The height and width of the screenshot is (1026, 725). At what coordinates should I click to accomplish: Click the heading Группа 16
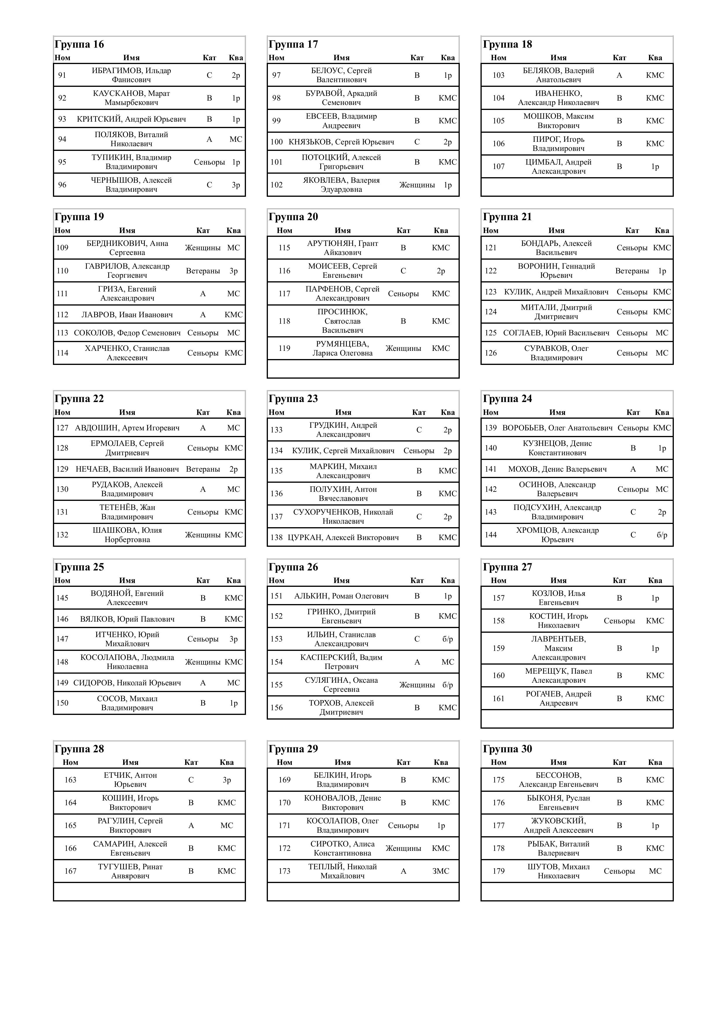click(x=79, y=44)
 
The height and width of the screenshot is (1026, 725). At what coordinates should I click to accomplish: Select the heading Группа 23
click(x=293, y=399)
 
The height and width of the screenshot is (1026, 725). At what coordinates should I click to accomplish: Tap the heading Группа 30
click(x=507, y=749)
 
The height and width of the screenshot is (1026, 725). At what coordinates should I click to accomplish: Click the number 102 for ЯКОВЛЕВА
click(x=277, y=185)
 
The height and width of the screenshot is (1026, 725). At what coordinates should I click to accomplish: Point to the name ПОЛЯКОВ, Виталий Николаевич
click(x=131, y=139)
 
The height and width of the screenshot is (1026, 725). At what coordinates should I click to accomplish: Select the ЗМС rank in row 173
click(x=441, y=871)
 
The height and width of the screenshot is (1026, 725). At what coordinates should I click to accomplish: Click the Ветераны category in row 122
click(x=632, y=271)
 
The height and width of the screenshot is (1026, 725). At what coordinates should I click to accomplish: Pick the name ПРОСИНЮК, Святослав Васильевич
click(x=342, y=321)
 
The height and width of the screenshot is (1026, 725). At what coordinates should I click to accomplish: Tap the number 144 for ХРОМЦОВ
click(x=491, y=535)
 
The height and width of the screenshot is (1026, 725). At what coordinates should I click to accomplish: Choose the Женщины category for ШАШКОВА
click(x=203, y=535)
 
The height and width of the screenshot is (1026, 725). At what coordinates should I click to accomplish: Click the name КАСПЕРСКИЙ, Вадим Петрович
click(x=342, y=662)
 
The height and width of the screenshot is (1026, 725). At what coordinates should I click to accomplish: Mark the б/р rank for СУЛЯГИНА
click(x=448, y=684)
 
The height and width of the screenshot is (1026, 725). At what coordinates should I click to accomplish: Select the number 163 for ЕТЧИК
click(x=70, y=780)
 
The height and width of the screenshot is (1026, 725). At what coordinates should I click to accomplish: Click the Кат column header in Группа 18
click(x=619, y=58)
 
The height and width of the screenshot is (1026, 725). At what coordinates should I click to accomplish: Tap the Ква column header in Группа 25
click(x=233, y=580)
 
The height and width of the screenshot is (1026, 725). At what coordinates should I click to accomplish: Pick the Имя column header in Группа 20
click(x=343, y=231)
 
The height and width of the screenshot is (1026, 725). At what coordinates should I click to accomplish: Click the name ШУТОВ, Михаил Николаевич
click(x=559, y=871)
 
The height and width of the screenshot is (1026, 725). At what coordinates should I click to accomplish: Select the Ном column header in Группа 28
click(x=70, y=762)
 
